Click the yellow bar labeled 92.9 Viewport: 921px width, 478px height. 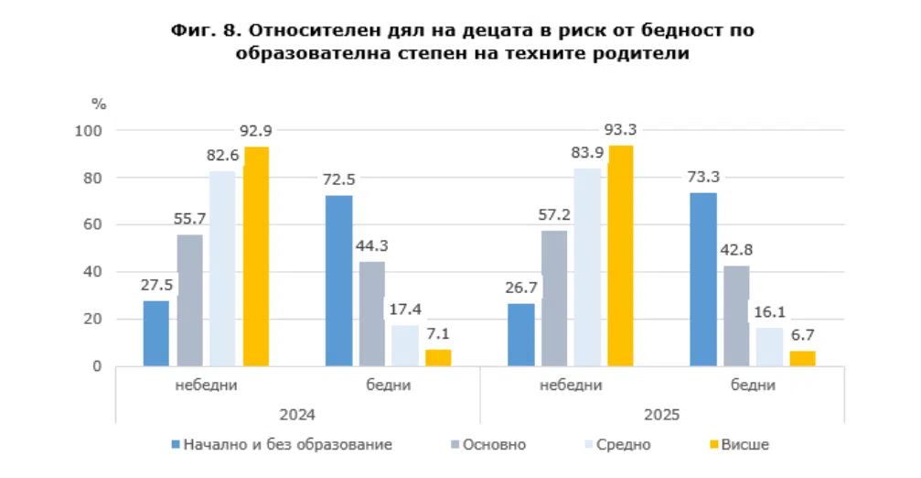256,256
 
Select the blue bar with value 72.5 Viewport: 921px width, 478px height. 338,280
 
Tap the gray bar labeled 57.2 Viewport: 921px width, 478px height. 554,298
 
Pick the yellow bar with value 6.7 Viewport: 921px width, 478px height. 802,358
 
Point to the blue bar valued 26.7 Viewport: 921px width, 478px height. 521,334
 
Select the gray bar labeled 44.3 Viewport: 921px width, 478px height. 372,313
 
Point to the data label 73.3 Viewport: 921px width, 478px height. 702,175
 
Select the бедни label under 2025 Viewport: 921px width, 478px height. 754,386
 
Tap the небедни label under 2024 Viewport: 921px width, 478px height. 206,386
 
